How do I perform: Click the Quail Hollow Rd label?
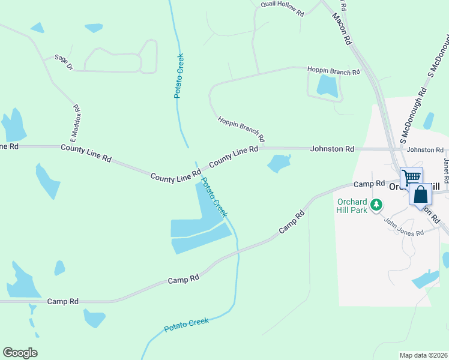(282, 8)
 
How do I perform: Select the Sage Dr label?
(63, 62)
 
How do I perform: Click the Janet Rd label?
(446, 170)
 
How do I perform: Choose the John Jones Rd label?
(404, 226)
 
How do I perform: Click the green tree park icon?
(376, 205)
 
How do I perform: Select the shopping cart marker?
(411, 177)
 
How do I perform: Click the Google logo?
(20, 353)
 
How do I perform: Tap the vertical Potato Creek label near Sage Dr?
(179, 76)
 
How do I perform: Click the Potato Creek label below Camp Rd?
(187, 326)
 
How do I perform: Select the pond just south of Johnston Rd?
(279, 163)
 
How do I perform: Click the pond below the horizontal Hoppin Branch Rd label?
(327, 86)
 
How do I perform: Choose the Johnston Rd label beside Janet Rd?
(424, 150)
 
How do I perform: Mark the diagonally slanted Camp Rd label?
(292, 222)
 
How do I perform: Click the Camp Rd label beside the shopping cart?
(369, 184)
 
